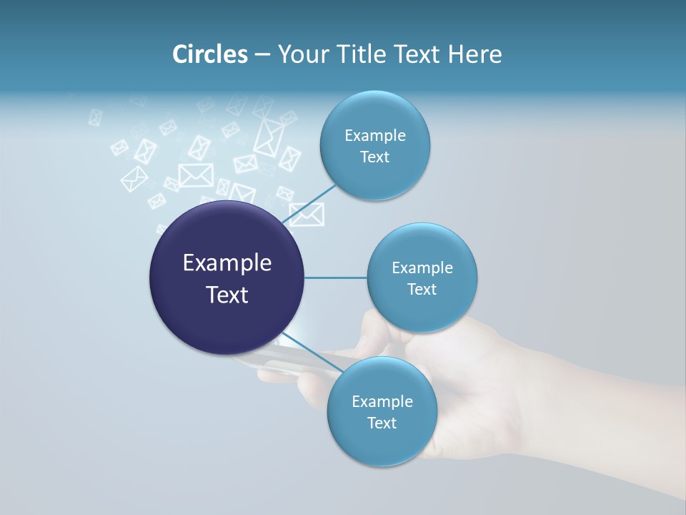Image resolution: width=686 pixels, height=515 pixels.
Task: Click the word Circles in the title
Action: coord(210,54)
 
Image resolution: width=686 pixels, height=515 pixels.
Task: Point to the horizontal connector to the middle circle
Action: coord(336,278)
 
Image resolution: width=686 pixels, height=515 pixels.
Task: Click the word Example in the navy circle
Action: coord(227,263)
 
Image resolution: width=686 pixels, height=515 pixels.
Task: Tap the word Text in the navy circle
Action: coord(227,295)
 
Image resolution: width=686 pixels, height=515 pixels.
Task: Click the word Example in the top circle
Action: coord(375,136)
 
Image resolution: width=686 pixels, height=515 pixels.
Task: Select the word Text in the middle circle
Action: coord(422,290)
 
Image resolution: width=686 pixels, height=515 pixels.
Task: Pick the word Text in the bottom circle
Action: coord(382,423)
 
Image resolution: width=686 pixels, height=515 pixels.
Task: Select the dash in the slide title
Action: coord(262,55)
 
